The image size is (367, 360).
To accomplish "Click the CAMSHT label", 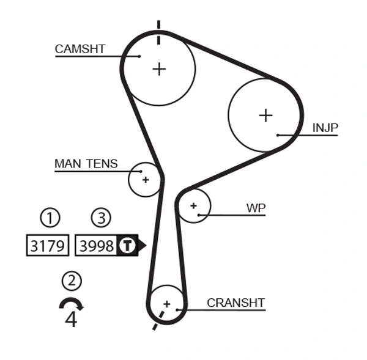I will click(80, 49).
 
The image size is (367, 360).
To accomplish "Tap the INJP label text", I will click(325, 128).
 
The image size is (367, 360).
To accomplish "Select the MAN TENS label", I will click(86, 164).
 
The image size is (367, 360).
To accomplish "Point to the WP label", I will click(256, 208).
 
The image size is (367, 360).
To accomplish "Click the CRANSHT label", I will click(235, 303).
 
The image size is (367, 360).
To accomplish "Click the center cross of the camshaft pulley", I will click(159, 68).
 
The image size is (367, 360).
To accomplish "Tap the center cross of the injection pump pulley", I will click(265, 115).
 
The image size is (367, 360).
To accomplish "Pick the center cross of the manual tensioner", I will click(146, 180).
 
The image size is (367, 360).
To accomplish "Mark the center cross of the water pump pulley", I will click(194, 206).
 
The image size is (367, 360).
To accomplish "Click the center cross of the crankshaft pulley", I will click(166, 303).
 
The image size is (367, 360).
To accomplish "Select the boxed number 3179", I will click(48, 246).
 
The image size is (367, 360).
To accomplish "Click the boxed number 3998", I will click(97, 246).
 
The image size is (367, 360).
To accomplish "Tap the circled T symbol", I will click(127, 246).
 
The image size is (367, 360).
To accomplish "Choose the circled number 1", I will click(50, 217).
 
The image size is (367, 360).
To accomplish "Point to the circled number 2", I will click(72, 281).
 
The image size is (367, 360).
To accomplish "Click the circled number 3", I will click(101, 217).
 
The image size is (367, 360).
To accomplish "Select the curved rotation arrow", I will click(71, 304).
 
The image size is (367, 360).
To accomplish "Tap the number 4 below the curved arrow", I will click(71, 320).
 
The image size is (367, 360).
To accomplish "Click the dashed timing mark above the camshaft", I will click(158, 32).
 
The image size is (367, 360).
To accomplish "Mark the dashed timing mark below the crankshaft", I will click(158, 321).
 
